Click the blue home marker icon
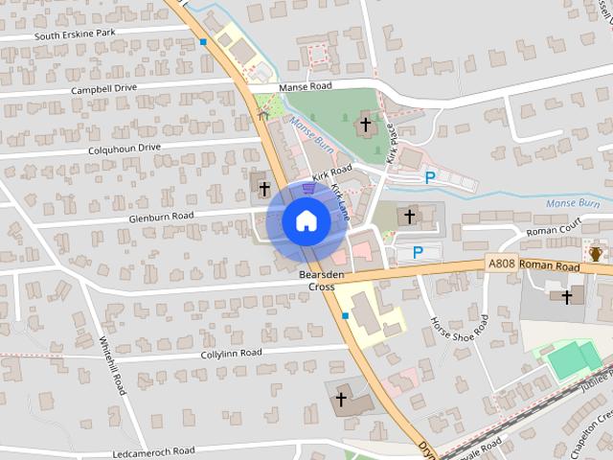306,221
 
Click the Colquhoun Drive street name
125,149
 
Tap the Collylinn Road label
231,353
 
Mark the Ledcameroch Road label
153,450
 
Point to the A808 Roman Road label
533,264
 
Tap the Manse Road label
305,86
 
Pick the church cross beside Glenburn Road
263,188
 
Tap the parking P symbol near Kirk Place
431,176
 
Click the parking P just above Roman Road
418,252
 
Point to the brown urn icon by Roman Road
595,254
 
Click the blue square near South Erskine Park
203,42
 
